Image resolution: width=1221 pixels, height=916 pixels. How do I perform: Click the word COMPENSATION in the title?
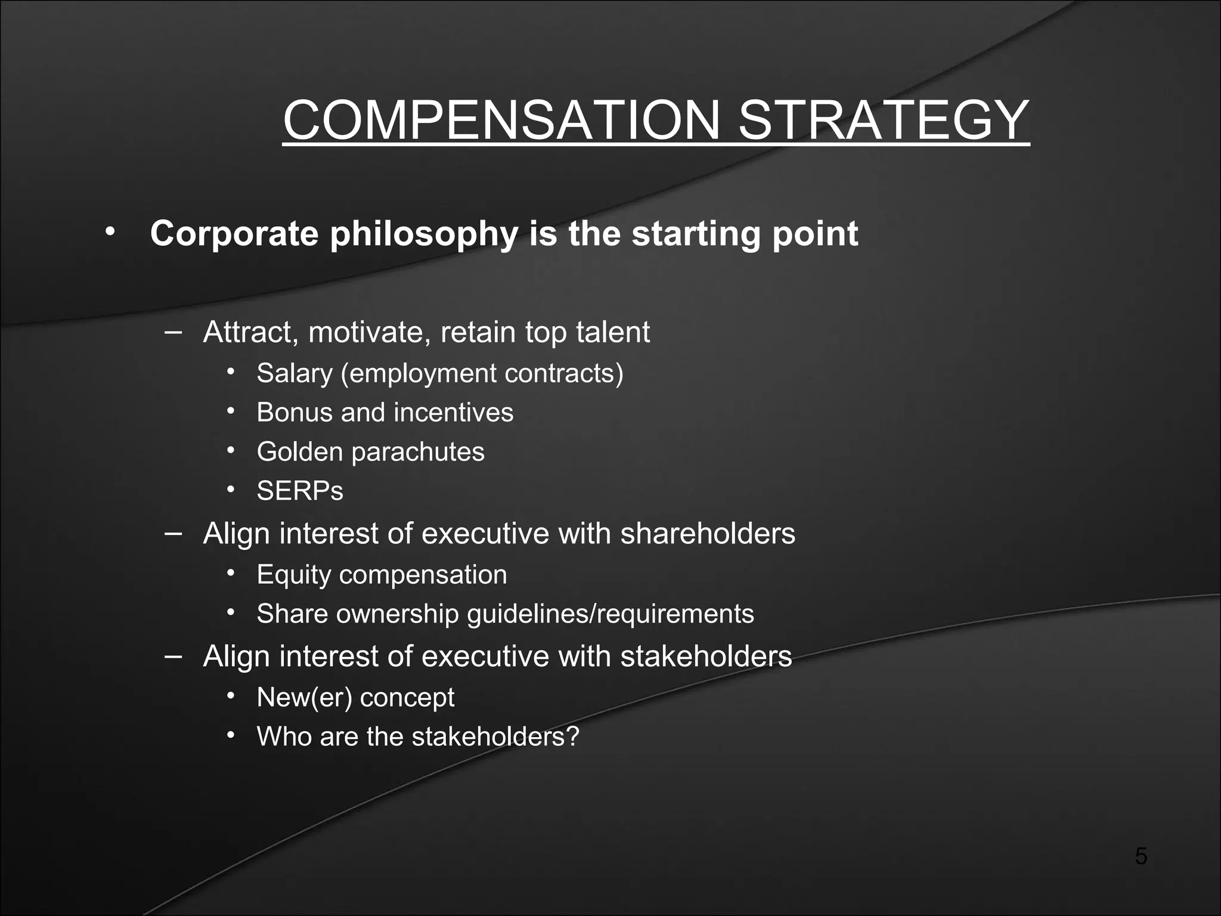click(501, 120)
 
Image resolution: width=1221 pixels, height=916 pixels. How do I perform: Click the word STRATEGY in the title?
click(884, 120)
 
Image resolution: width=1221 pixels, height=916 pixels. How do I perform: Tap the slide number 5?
click(1141, 856)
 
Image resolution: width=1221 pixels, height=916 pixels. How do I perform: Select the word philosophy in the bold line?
click(424, 234)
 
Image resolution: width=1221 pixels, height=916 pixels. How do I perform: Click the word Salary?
click(295, 374)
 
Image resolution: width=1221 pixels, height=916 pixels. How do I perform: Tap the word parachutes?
click(417, 452)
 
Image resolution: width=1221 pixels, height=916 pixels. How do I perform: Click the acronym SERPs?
click(300, 491)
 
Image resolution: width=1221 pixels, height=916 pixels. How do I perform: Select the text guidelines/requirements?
click(610, 614)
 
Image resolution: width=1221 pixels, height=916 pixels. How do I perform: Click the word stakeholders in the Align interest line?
click(706, 657)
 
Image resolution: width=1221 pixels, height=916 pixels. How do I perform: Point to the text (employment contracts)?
click(482, 374)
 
